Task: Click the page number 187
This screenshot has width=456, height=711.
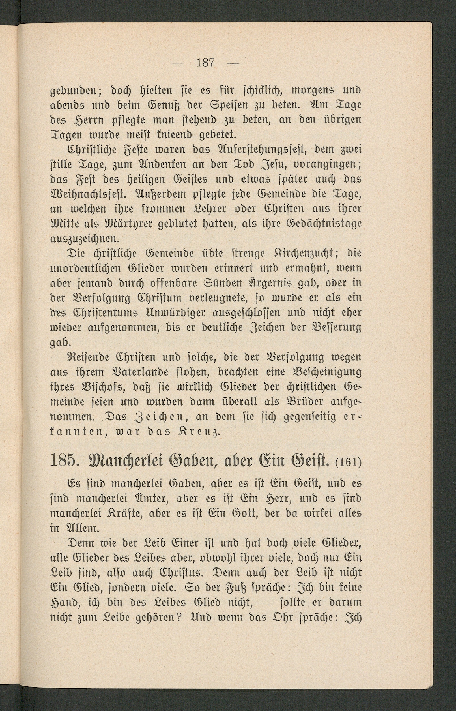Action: [205, 63]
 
